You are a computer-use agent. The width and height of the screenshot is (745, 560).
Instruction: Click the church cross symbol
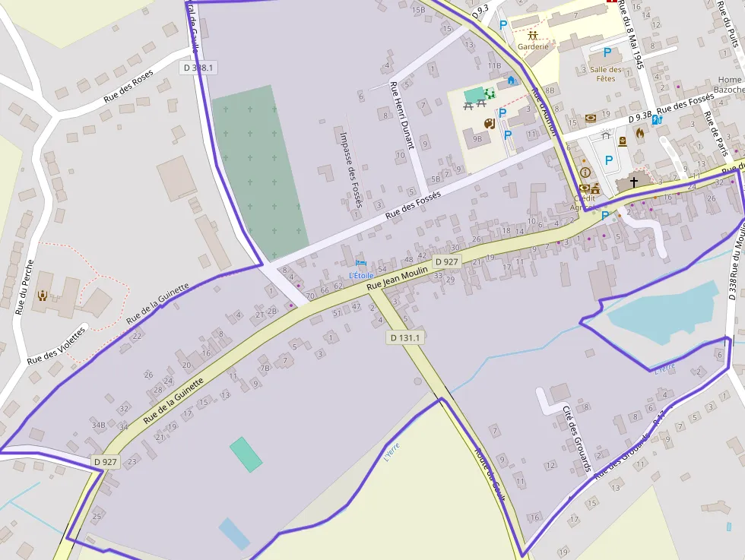point(633,182)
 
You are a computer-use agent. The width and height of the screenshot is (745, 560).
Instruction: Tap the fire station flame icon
point(640,133)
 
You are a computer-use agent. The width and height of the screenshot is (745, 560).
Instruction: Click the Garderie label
point(533,46)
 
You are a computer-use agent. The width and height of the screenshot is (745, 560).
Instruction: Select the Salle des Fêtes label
point(605,74)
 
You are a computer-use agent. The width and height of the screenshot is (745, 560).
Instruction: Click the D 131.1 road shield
point(404,337)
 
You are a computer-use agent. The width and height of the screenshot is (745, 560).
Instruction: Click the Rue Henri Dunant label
point(401,115)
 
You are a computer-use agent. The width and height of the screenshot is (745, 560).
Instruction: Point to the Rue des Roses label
point(128,86)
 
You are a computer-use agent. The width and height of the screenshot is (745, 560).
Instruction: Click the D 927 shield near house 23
point(106,461)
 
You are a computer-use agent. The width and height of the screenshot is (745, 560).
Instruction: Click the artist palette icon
point(490,122)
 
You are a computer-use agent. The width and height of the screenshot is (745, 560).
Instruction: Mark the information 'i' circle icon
point(585,172)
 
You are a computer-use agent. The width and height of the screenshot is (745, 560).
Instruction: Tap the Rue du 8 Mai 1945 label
point(632,35)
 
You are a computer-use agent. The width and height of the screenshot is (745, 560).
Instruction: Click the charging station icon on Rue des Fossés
point(657,119)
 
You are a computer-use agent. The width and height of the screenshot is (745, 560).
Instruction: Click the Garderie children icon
point(533,35)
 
